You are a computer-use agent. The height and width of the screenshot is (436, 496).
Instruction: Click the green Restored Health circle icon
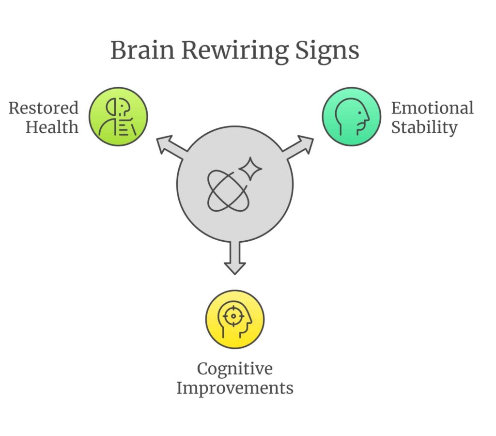118,116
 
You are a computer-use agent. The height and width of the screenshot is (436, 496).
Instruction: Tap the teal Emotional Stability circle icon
352,116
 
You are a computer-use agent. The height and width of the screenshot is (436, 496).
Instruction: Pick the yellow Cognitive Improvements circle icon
235,319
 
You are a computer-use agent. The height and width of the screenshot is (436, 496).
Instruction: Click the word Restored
44,108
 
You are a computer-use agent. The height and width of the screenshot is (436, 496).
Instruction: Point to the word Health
52,127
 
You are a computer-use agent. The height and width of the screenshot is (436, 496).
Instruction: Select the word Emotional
432,108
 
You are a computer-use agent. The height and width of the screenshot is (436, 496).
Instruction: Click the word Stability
424,127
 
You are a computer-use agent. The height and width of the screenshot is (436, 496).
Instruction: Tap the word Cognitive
234,369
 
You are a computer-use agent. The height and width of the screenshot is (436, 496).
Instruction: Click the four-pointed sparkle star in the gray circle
250,169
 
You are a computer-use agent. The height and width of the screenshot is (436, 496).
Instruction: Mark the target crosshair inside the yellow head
233,316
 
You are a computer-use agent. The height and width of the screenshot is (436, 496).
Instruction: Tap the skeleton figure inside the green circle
118,117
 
